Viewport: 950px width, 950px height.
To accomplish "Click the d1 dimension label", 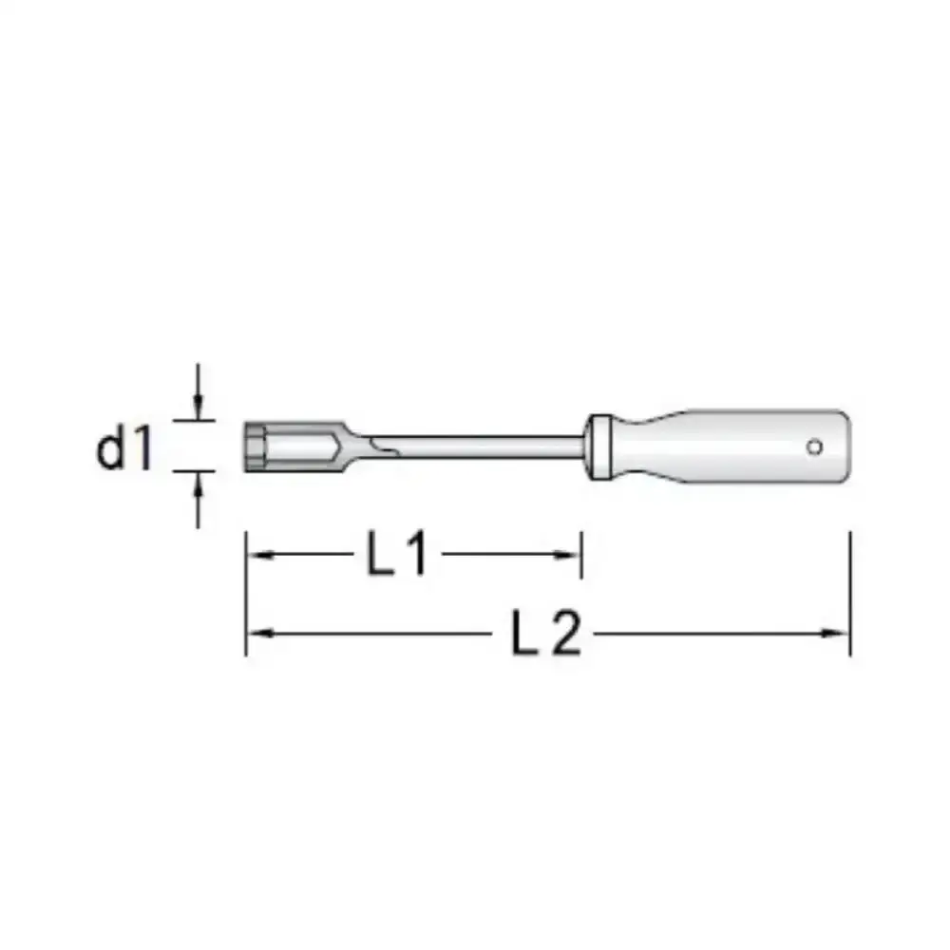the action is tap(124, 447).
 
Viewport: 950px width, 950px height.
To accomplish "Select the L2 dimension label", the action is tap(546, 633).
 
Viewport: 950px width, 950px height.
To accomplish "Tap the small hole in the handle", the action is tap(814, 447).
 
